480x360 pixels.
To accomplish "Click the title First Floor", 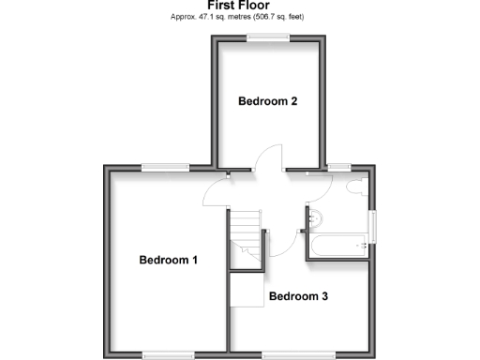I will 239,6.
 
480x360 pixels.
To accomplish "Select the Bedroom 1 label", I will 169,260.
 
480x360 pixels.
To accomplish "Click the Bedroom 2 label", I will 267,101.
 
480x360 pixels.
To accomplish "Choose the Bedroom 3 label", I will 298,297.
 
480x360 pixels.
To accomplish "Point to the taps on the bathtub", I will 361,247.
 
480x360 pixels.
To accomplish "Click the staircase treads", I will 247,239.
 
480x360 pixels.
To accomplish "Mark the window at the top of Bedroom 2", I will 268,37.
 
